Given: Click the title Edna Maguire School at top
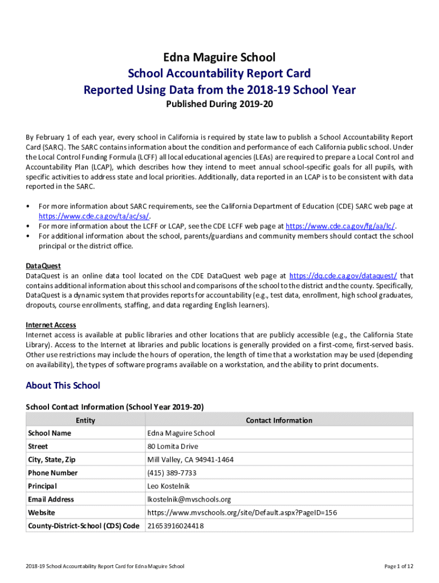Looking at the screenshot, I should point(219,58).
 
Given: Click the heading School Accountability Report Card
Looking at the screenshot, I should point(219,73).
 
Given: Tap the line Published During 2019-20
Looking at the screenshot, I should point(219,104).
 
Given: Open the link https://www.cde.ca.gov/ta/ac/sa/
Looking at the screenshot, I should point(94,216).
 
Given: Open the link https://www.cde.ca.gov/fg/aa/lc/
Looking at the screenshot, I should point(340,226).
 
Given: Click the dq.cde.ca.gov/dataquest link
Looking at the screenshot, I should point(343,276).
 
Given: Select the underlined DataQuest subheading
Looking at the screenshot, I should point(43,266).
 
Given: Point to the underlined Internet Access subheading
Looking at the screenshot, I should point(51,325).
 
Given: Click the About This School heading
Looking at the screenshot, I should point(63,386).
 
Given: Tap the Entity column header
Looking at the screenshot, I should point(86,421).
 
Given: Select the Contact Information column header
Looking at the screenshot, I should point(279,421).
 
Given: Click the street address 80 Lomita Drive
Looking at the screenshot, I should point(173,446).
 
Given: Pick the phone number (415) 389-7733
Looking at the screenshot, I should point(172,473).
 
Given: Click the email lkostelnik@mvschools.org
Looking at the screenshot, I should point(189,499).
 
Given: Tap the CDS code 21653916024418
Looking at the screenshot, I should point(175,526).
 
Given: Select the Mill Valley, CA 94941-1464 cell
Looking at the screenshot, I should point(190,459).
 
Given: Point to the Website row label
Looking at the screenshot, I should point(42,512).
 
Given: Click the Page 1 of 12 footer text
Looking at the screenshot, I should point(399,566).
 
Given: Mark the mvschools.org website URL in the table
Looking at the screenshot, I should point(242,512).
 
